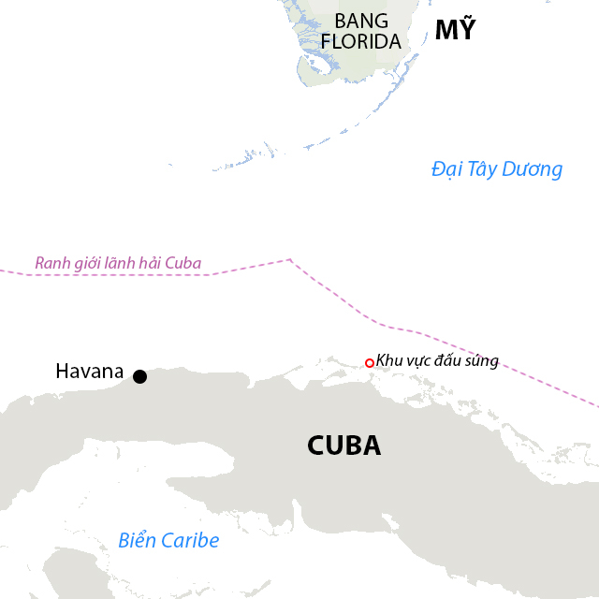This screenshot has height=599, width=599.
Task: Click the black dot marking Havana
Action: pos(139,376)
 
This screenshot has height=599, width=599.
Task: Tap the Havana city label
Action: pos(89,372)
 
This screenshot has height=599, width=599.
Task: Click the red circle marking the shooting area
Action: pos(370,363)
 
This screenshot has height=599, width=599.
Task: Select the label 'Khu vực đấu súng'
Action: pos(437,361)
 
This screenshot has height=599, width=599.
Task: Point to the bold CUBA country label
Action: pos(343,446)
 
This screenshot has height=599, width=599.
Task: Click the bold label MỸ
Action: pos(455,30)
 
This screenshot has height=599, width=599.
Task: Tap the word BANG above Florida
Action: pos(360,21)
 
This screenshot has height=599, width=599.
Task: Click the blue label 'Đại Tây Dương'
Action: pos(497,169)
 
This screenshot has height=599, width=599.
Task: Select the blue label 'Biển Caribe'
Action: pos(168,540)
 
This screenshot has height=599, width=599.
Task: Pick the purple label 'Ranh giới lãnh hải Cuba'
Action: pos(118,263)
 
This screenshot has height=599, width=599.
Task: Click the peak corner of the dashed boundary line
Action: pos(289,259)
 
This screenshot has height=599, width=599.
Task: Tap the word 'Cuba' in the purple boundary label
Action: pos(183,263)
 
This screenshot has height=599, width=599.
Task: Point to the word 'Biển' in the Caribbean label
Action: pos(138,540)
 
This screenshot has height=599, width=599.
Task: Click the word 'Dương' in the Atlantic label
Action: pos(532,169)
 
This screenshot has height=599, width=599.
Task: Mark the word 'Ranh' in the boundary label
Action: pos(51,263)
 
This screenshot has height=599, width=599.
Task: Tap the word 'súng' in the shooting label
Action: pos(481,361)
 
